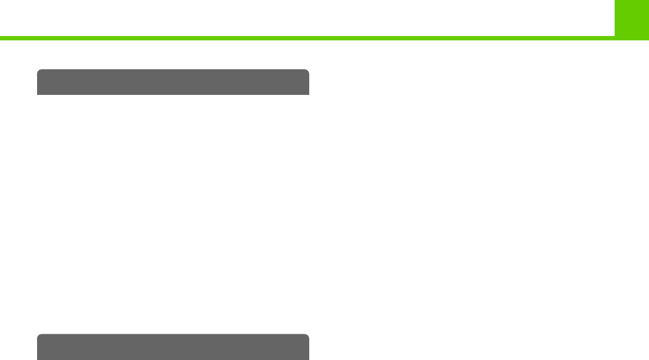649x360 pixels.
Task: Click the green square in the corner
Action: tap(632, 19)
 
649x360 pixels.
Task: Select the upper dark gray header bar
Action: tap(173, 82)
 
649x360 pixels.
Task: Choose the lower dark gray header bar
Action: tap(173, 347)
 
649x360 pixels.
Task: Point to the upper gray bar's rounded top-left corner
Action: tap(39, 71)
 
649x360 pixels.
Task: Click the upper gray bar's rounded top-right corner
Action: tap(308, 71)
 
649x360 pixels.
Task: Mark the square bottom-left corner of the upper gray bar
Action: tap(38, 94)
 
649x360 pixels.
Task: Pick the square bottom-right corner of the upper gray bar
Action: tap(309, 94)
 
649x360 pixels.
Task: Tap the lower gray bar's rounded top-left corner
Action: tap(39, 335)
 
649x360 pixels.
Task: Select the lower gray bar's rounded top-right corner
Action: tap(308, 335)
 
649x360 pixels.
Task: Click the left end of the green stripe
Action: tap(1, 38)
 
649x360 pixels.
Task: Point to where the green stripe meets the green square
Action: tap(615, 38)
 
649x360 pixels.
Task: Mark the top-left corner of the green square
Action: tap(615, 1)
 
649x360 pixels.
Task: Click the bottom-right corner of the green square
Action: tap(648, 39)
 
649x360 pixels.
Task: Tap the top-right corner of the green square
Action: tap(648, 1)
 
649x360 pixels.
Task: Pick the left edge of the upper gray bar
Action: tap(38, 83)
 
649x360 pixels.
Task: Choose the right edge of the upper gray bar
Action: tap(309, 83)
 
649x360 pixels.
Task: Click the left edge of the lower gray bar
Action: tap(38, 348)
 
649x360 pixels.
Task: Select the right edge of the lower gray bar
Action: tap(309, 348)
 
